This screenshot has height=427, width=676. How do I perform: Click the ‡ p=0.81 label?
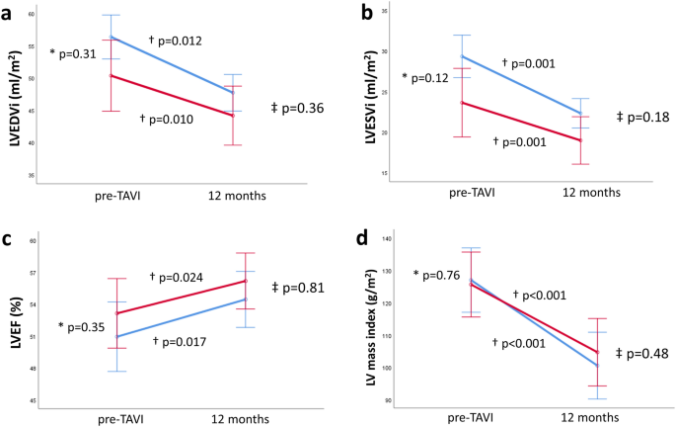302,289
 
